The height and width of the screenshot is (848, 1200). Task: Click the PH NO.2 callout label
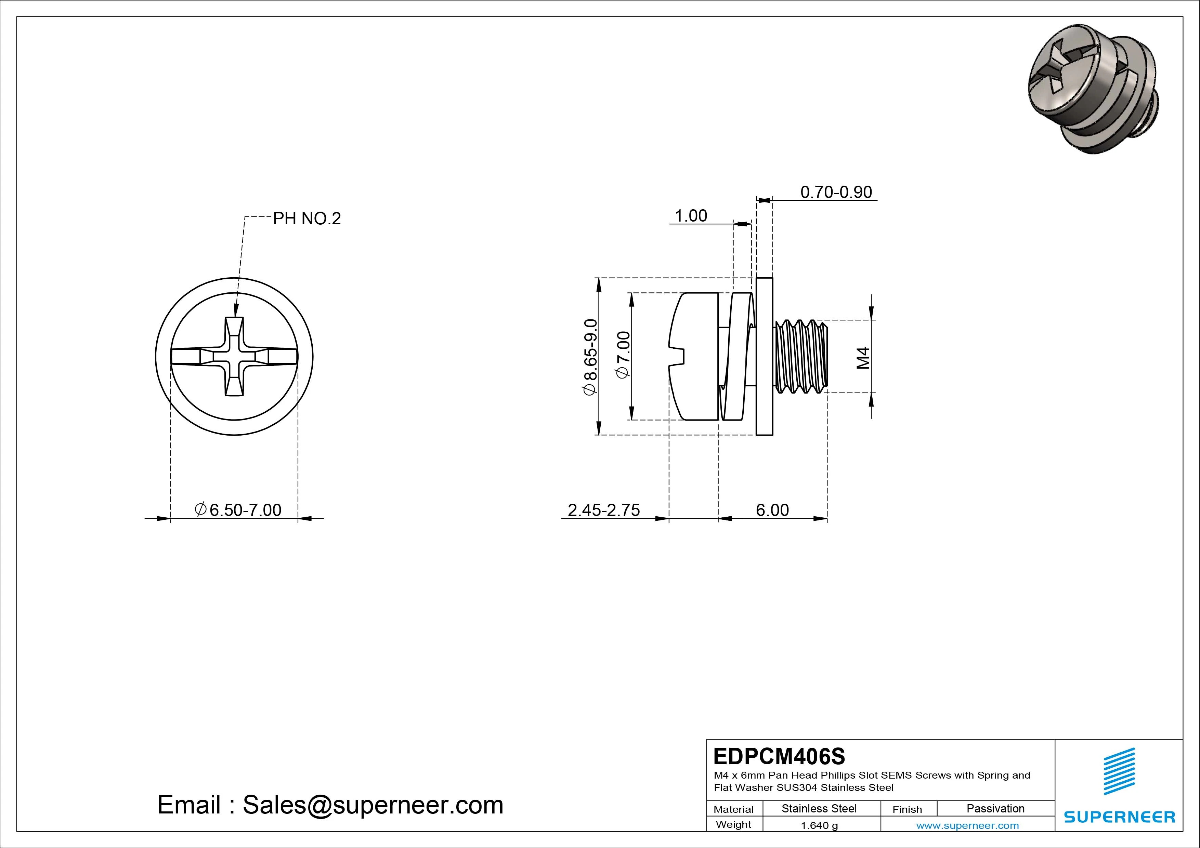[307, 218]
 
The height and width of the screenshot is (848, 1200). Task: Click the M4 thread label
[863, 358]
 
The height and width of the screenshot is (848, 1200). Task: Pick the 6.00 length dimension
[772, 510]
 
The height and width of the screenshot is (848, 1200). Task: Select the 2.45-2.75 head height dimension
[604, 510]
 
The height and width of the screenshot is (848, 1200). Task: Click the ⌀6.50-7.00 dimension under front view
[238, 510]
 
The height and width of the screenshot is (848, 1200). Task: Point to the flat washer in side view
[764, 356]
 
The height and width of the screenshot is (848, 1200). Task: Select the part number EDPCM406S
[779, 756]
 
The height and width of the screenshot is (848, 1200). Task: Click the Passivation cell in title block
[995, 808]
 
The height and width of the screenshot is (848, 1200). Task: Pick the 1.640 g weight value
[819, 825]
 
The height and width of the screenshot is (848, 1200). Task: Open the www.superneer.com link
[967, 825]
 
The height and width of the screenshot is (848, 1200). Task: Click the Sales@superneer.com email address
[373, 805]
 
